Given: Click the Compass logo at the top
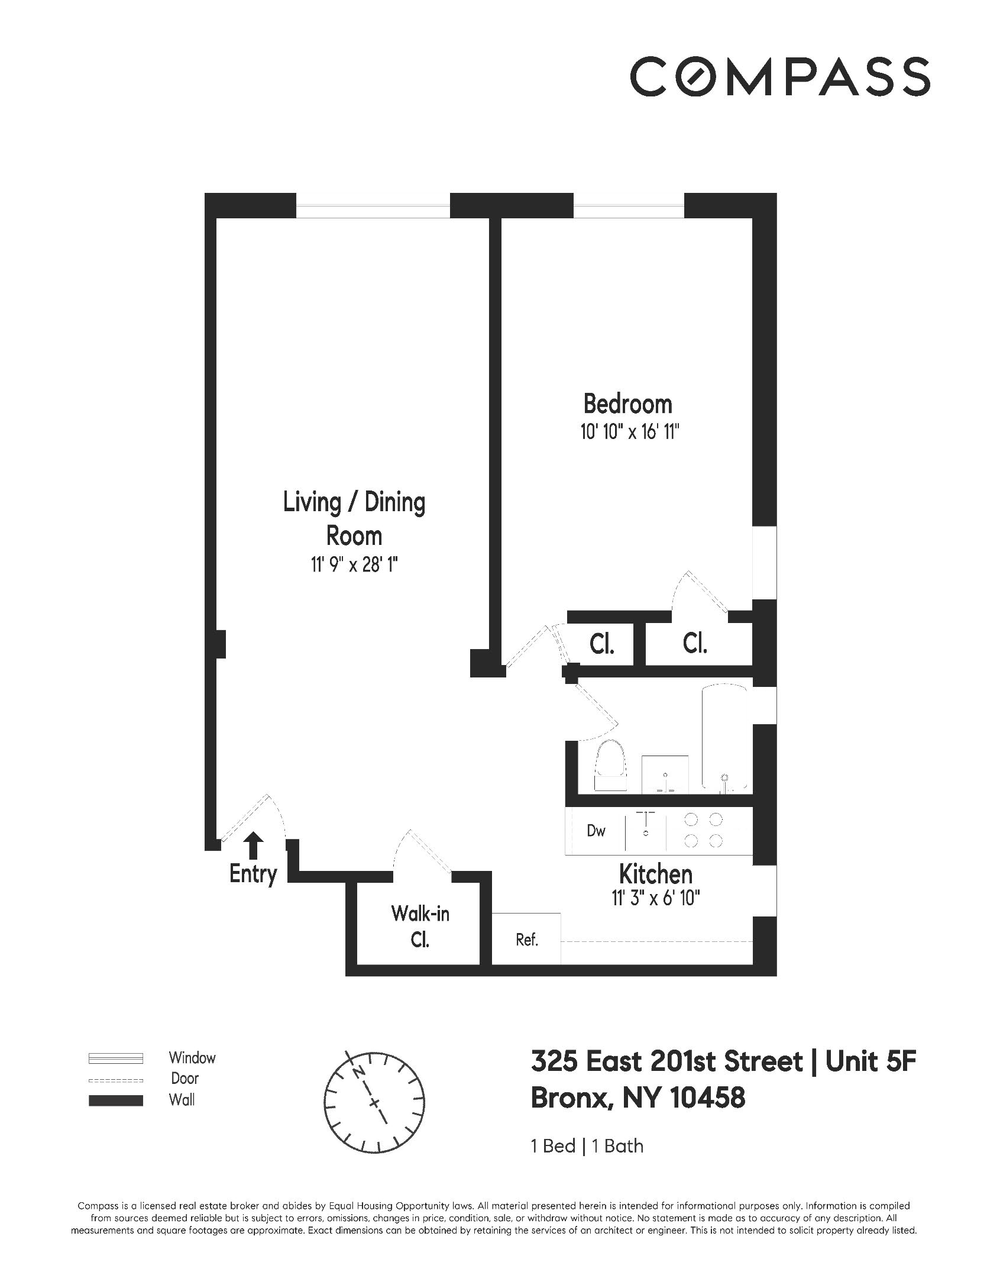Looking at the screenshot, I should (x=779, y=76).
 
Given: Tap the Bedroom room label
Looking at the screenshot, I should (x=627, y=404).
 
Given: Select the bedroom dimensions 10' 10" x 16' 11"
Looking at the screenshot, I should (x=627, y=433).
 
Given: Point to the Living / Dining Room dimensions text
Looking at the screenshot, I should (x=354, y=566).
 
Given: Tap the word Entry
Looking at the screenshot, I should (x=253, y=874).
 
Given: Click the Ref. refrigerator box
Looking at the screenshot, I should (x=526, y=940).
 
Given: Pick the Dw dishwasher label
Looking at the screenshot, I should (x=596, y=831).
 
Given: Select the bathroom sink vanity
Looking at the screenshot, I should (x=665, y=773).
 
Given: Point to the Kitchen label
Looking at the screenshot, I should (x=655, y=874).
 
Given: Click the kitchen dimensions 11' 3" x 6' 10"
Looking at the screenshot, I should (x=655, y=899).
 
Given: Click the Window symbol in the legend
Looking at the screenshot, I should (x=115, y=1058).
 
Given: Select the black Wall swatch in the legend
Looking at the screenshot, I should (x=115, y=1100).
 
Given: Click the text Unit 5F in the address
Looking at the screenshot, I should (x=870, y=1062).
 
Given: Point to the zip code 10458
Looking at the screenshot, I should (x=707, y=1098).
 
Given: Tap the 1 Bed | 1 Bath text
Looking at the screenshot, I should (x=587, y=1146).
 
